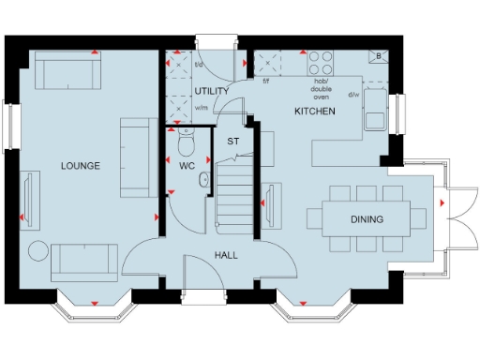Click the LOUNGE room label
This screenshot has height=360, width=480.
pyautogui.click(x=80, y=166)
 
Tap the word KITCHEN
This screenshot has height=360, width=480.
pyautogui.click(x=314, y=111)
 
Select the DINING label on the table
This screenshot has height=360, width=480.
pyautogui.click(x=367, y=220)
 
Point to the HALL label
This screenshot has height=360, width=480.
pyautogui.click(x=225, y=256)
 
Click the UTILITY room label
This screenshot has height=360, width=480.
pyautogui.click(x=211, y=91)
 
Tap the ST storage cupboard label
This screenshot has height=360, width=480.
pyautogui.click(x=232, y=142)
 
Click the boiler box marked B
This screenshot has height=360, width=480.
pyautogui.click(x=377, y=56)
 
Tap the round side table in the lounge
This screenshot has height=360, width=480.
pyautogui.click(x=38, y=252)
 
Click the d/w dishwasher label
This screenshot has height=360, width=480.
pyautogui.click(x=353, y=95)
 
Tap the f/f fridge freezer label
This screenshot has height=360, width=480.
pyautogui.click(x=266, y=81)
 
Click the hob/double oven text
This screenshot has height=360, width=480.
pyautogui.click(x=321, y=87)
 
